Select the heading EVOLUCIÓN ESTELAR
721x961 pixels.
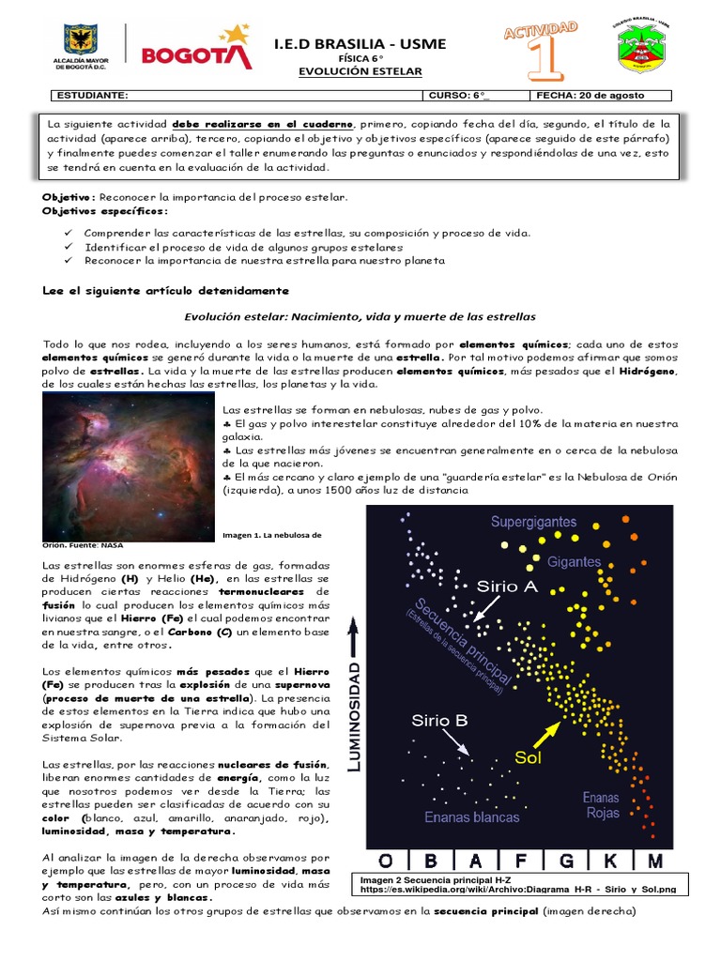(x=360, y=71)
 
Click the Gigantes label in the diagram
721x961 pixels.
(x=575, y=561)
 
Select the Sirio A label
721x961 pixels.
(x=508, y=587)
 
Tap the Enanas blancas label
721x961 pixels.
(x=471, y=816)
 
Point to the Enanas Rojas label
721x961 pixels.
(x=602, y=805)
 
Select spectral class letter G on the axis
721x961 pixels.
(x=566, y=860)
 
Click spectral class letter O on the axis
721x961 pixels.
(x=385, y=860)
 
